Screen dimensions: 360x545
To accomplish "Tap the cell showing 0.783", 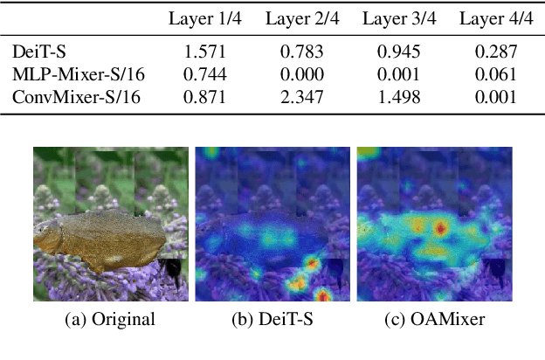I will click(x=302, y=52).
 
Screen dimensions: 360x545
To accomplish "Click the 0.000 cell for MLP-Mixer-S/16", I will click(x=302, y=73).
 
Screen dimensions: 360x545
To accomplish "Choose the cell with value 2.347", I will click(x=302, y=95).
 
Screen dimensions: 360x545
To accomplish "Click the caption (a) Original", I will click(x=110, y=320).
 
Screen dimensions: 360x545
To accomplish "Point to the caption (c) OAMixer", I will click(x=435, y=320).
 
